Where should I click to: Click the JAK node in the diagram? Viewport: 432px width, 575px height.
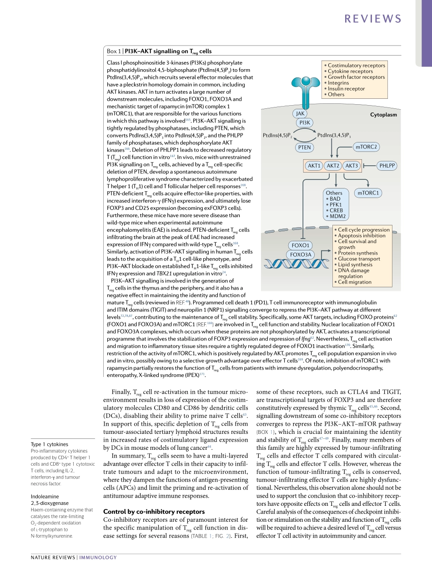click(x=300, y=114)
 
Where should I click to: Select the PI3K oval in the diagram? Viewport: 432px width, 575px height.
click(x=305, y=122)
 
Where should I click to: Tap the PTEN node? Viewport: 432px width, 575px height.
click(x=304, y=147)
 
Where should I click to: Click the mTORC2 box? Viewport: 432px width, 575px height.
click(x=367, y=147)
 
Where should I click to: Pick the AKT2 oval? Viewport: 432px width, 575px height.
click(x=333, y=166)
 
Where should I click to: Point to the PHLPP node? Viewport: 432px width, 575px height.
click(x=387, y=166)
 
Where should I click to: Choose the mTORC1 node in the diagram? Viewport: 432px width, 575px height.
click(x=368, y=193)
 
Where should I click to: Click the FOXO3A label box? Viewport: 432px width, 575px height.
click(x=301, y=254)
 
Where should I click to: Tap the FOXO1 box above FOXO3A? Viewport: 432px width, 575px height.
click(x=301, y=245)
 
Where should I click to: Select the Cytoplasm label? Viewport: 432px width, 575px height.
click(x=383, y=115)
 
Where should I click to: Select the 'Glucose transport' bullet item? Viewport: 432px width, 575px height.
click(x=359, y=259)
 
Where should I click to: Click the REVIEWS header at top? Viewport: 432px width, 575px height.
click(x=373, y=19)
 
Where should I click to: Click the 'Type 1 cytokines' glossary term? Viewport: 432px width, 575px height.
click(x=50, y=444)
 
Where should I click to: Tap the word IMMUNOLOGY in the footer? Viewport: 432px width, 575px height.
click(x=98, y=557)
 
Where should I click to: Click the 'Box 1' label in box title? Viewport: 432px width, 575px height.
click(x=114, y=51)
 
